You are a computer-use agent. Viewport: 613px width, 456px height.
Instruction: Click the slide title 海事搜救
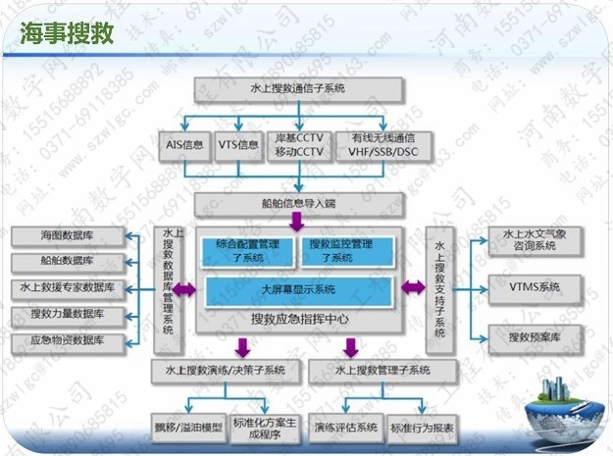pyautogui.click(x=68, y=33)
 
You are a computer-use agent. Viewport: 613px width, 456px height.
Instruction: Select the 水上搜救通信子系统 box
pyautogui.click(x=298, y=89)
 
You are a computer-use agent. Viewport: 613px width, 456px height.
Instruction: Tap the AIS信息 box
pyautogui.click(x=183, y=145)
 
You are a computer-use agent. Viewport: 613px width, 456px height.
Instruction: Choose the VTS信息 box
pyautogui.click(x=238, y=145)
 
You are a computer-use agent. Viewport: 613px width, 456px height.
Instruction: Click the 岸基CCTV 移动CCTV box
pyautogui.click(x=299, y=145)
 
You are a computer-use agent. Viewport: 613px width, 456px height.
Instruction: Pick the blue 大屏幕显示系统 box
pyautogui.click(x=298, y=290)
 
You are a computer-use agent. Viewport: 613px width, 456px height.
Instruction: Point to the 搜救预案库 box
pyautogui.click(x=535, y=336)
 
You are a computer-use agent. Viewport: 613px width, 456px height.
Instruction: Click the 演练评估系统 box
pyautogui.click(x=345, y=428)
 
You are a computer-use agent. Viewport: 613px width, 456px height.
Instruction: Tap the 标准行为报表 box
pyautogui.click(x=422, y=428)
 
